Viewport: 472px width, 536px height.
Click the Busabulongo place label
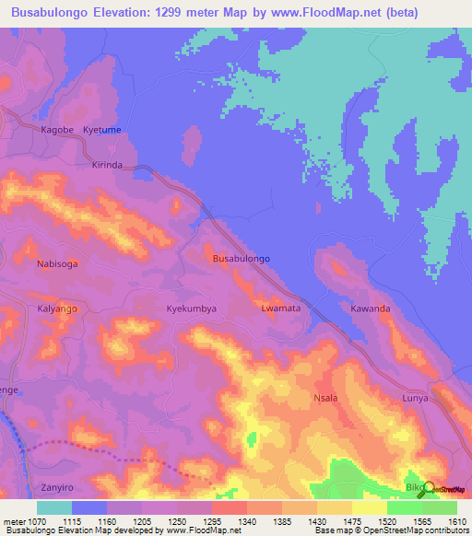tap(241, 260)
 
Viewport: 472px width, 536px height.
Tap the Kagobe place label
tap(57, 131)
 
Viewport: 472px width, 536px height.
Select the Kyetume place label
tap(102, 131)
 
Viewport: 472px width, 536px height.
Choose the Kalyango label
tap(58, 309)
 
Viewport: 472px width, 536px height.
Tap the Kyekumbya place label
tap(191, 309)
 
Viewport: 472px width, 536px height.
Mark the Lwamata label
tap(280, 309)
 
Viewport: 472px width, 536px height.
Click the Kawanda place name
tap(370, 309)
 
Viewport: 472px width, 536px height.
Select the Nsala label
tap(326, 399)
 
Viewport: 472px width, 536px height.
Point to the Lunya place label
tap(417, 399)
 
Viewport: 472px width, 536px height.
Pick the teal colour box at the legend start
tap(54, 507)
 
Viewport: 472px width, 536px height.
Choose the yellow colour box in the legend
tap(369, 507)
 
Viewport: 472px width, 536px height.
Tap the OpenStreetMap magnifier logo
tap(425, 488)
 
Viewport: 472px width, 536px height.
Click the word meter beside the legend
tap(14, 520)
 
